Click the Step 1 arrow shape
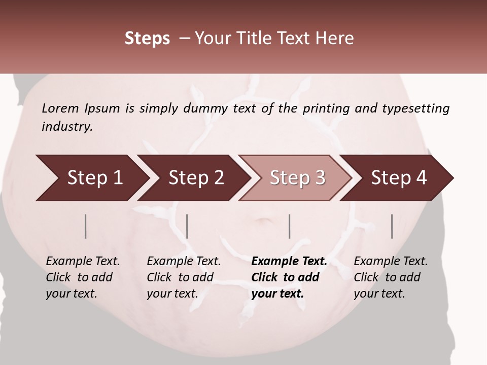[x=91, y=177]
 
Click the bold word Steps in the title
[x=147, y=38]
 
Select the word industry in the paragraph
[x=66, y=126]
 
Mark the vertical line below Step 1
[x=86, y=226]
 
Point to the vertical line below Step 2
[x=187, y=226]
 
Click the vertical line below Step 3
[x=290, y=226]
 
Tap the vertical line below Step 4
[x=392, y=226]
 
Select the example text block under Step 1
[x=83, y=277]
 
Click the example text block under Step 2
[x=184, y=277]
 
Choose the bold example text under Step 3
[x=289, y=277]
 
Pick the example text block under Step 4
[x=391, y=277]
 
